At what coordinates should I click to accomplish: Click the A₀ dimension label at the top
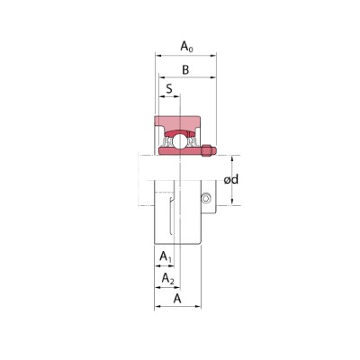(x=186, y=45)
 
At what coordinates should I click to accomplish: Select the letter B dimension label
(x=184, y=70)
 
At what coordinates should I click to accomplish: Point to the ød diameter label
(x=231, y=179)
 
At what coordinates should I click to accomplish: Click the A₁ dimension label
(x=166, y=258)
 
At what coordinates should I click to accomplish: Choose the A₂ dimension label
(x=167, y=280)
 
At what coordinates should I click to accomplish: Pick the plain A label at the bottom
(x=176, y=298)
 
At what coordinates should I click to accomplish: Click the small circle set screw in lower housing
(x=205, y=197)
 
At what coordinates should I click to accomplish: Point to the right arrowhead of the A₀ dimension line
(x=215, y=56)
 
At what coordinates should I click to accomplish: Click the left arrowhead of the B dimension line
(x=158, y=79)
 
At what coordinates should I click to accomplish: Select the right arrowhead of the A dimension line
(x=199, y=308)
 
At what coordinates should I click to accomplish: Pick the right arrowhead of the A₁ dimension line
(x=172, y=267)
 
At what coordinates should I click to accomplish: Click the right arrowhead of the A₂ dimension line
(x=177, y=288)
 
